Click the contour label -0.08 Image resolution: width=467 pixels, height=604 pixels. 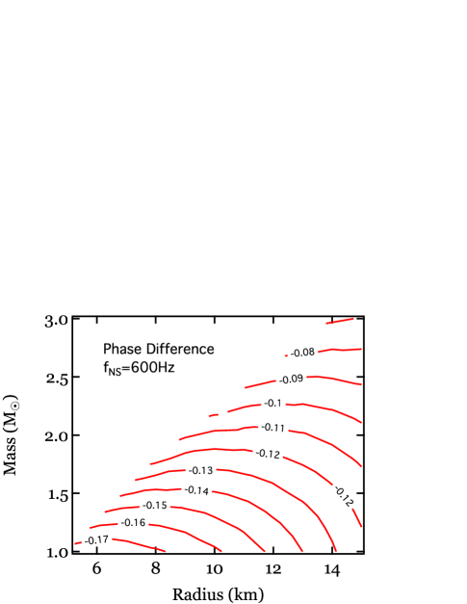[x=302, y=353]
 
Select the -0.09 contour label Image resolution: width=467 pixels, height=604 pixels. [x=291, y=379]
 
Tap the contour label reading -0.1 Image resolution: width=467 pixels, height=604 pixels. [x=273, y=404]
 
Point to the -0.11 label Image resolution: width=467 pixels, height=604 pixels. [x=273, y=428]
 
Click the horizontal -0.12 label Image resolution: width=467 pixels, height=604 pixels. [x=268, y=454]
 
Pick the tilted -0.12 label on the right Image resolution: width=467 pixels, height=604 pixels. [x=344, y=495]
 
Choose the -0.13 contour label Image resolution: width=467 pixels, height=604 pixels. [x=201, y=471]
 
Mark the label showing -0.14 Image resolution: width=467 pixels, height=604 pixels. [x=196, y=490]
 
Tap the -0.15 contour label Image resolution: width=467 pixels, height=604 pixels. [x=154, y=506]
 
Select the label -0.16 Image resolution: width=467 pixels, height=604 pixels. [x=133, y=523]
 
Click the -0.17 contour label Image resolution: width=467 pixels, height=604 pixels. [x=96, y=540]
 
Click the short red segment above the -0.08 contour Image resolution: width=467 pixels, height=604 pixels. [x=340, y=321]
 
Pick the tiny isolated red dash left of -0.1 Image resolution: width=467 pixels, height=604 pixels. [x=213, y=415]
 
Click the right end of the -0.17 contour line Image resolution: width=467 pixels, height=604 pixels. [x=167, y=551]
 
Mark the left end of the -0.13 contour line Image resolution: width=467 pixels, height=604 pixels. [x=136, y=479]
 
